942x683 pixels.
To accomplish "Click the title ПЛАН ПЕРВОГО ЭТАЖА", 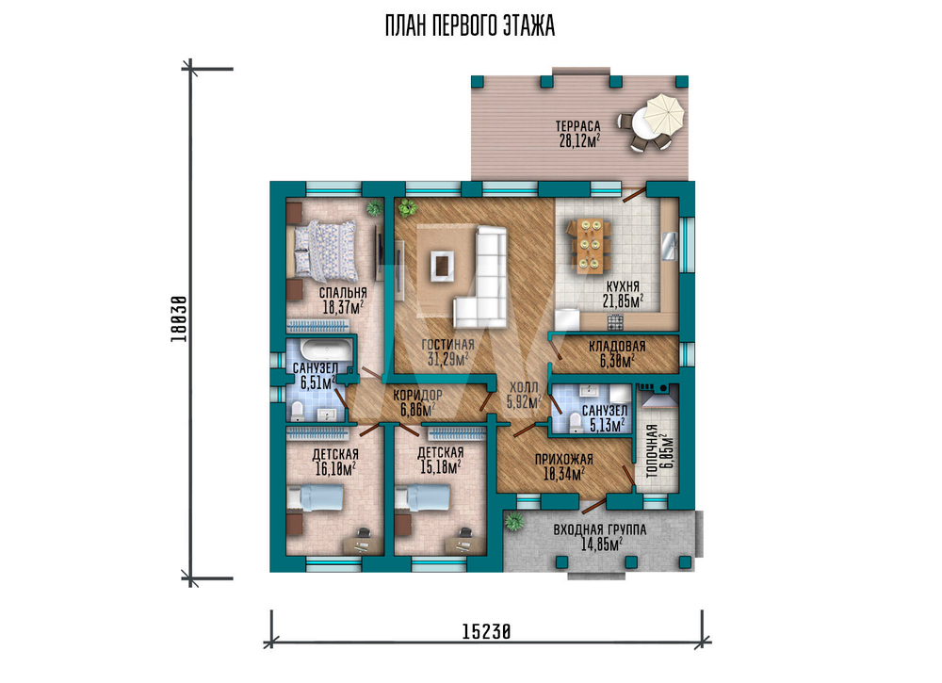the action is tap(470, 26).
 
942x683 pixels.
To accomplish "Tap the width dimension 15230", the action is tap(487, 631).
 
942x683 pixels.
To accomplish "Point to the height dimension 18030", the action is tap(178, 319).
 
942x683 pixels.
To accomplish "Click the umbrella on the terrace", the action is tap(664, 113).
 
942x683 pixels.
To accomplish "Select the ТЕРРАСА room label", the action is tap(577, 126).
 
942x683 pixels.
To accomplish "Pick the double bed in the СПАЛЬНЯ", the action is tap(325, 251).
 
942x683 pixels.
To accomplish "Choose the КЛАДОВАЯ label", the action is tap(617, 346).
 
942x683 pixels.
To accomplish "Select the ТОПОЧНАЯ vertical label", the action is tap(651, 451).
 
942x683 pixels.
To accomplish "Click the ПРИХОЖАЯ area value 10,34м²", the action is tap(564, 474).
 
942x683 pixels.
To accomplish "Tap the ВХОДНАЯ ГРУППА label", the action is tap(599, 529).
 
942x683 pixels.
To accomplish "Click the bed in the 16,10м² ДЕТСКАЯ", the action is tap(315, 498).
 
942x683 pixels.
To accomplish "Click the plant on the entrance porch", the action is tap(513, 521).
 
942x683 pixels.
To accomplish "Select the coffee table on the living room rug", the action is tap(442, 265).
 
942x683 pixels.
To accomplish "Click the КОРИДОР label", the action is tap(417, 396).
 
